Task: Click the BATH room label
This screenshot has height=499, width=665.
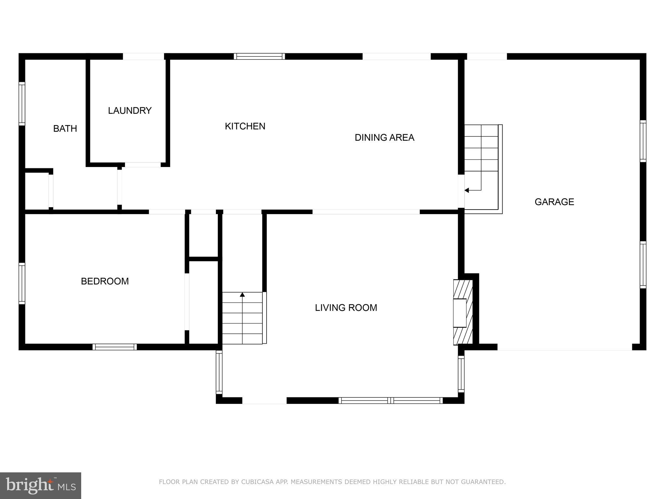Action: pos(65,129)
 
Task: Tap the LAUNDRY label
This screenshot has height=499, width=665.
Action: pos(130,111)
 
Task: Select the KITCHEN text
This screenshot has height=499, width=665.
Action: pos(245,126)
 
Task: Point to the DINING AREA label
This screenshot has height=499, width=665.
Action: pos(384,138)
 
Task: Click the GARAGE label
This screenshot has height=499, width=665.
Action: pos(554,202)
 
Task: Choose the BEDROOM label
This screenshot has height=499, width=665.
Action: pos(105,281)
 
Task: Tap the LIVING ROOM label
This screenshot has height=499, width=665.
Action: pos(346,308)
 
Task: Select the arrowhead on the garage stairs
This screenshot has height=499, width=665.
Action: pos(467,190)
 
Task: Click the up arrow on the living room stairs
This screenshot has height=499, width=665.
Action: pos(242,295)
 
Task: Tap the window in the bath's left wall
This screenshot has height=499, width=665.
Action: pos(22,104)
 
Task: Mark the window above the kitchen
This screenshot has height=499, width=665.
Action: pos(259,56)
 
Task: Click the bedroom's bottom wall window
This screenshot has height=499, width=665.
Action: pos(115,347)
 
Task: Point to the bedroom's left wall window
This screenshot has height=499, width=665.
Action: pos(22,283)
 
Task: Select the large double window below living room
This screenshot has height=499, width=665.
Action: pos(390,401)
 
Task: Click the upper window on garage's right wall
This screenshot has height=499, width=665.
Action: pos(643,141)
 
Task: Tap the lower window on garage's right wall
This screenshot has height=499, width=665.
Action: pos(643,265)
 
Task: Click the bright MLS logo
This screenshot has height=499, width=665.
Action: pos(41,486)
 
